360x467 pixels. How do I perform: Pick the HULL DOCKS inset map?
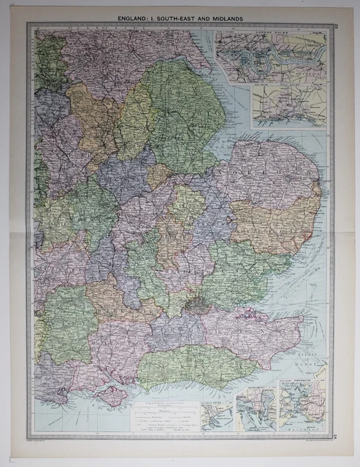(x=288, y=101)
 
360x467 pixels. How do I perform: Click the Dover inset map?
(x=218, y=414)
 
